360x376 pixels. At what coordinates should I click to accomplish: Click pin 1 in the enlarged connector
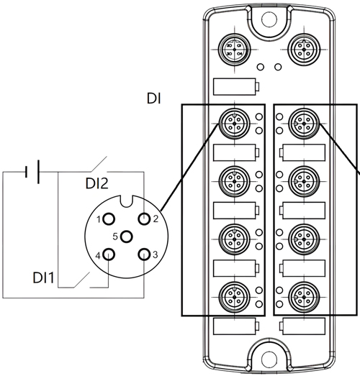click(x=109, y=219)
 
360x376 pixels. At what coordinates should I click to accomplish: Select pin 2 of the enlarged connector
click(x=144, y=219)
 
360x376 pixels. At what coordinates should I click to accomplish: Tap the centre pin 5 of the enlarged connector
click(x=126, y=237)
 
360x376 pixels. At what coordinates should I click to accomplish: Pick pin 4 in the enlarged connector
click(x=109, y=255)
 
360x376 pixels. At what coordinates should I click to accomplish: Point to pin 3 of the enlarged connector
click(x=144, y=255)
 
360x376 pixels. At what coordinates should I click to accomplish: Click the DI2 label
click(x=96, y=183)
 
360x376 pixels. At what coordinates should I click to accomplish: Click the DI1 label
click(x=43, y=278)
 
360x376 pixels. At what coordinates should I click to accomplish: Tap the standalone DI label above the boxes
click(x=153, y=98)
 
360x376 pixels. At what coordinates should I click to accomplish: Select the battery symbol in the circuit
click(x=32, y=172)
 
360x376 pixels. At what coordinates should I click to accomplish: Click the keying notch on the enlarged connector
click(x=126, y=201)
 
